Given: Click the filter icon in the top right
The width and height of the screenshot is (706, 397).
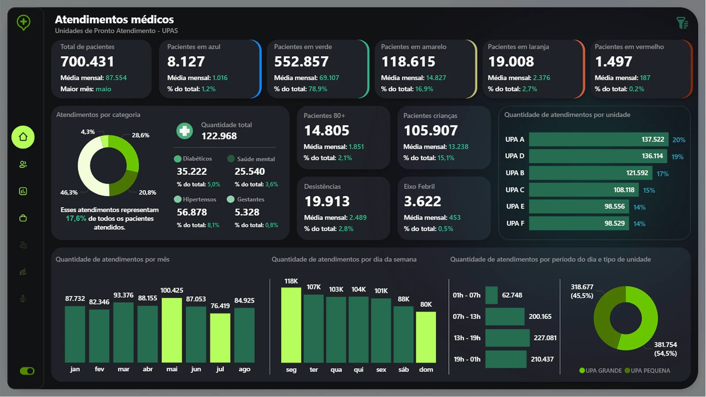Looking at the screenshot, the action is point(682,23).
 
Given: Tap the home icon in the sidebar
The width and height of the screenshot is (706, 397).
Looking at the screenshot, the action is point(23,137).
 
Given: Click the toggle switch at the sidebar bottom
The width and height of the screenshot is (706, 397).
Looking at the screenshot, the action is point(27,371).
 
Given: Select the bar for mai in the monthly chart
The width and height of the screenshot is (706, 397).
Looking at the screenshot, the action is point(172,330).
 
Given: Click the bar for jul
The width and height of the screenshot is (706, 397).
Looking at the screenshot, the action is point(220,338).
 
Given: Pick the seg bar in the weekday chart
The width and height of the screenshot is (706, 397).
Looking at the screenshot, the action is point(291,325).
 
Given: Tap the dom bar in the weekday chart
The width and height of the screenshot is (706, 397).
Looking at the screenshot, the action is point(426,337).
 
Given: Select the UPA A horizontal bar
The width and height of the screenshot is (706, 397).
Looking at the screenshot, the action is point(598,139).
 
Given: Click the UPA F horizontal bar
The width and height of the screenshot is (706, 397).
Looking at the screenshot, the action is point(579,223).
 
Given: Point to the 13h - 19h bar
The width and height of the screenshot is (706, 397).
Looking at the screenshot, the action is point(507,338).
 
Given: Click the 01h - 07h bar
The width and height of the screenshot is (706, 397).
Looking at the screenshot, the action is point(492,295).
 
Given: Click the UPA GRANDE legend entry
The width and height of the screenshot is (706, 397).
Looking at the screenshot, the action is point(601,371).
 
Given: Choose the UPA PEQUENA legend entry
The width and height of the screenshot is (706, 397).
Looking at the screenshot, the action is point(647,371).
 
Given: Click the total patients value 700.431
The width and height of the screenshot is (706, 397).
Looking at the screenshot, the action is point(87,61).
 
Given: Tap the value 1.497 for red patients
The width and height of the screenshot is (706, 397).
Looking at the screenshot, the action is point(613,61).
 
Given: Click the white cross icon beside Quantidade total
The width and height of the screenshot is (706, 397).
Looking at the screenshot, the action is point(185,131).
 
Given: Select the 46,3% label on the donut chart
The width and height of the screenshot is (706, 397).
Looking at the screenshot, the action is point(69,192).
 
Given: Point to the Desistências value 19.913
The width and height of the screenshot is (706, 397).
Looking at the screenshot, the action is point(327,201).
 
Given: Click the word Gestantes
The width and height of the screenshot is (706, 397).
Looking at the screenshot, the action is point(251,199).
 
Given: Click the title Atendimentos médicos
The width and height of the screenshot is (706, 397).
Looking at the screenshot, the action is point(114,19).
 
